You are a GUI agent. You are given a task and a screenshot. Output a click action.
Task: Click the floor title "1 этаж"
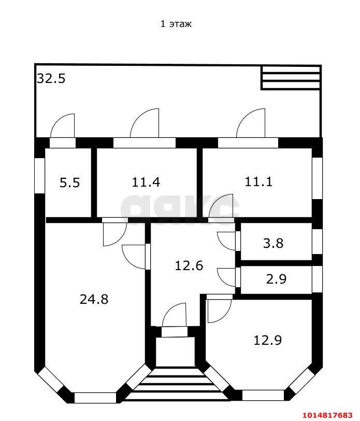click(x=176, y=24)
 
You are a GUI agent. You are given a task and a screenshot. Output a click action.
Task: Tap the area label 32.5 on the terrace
click(x=51, y=79)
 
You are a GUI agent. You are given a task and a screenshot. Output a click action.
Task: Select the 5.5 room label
click(x=69, y=183)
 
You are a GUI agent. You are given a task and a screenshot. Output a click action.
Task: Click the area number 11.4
click(x=146, y=182)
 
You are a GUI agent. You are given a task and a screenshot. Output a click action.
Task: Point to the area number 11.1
click(x=258, y=181)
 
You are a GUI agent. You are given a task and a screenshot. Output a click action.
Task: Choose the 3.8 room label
click(x=273, y=243)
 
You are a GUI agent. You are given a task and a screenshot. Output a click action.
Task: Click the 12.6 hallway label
click(x=189, y=265)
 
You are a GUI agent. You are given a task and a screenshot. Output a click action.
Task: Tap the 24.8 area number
click(x=94, y=299)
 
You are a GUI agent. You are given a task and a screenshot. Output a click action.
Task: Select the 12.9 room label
click(x=267, y=340)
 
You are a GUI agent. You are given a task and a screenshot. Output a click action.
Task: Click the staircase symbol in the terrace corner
click(x=290, y=77)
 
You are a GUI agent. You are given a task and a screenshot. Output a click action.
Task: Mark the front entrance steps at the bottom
click(x=177, y=384)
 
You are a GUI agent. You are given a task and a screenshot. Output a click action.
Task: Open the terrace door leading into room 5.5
click(x=63, y=128)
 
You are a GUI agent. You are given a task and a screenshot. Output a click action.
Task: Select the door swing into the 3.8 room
click(x=227, y=240)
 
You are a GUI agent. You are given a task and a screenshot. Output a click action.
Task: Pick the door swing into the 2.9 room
click(x=227, y=275)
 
